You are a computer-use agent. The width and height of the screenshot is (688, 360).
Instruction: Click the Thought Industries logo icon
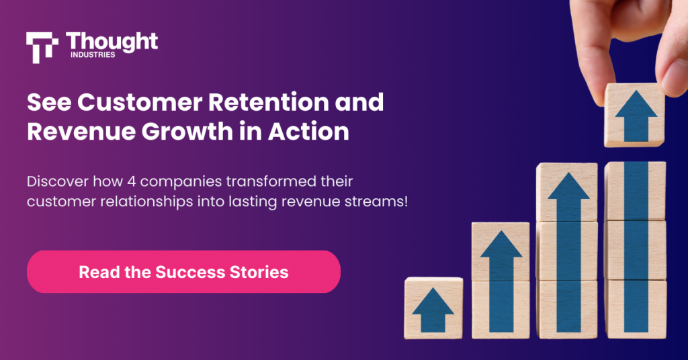42,48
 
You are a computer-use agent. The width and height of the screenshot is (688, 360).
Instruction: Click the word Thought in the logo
112,42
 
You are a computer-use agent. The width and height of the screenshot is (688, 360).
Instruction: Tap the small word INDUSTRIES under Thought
93,55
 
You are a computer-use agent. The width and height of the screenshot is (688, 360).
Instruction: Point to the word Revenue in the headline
81,131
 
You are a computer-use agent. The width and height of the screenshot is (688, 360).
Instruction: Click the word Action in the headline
308,131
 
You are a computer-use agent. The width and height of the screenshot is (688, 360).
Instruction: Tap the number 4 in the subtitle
132,181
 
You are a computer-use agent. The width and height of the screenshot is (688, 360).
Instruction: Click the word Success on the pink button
190,272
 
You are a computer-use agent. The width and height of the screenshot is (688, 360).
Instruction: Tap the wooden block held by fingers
635,115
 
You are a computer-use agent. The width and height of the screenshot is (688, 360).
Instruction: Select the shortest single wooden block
433,308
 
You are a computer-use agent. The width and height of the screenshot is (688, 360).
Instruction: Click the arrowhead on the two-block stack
501,244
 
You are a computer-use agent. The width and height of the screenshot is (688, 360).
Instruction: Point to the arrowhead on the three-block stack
568,186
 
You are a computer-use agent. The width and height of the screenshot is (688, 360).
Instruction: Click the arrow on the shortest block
433,310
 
